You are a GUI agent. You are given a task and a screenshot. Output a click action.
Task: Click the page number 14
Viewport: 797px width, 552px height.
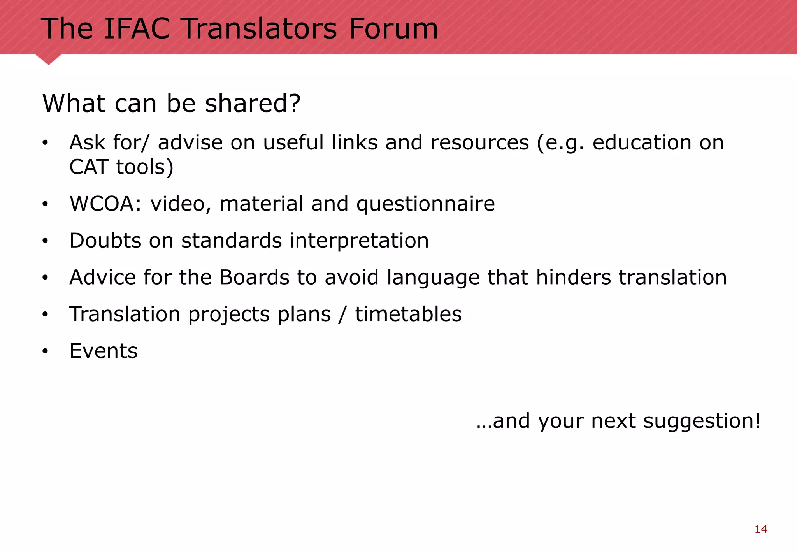[761, 529]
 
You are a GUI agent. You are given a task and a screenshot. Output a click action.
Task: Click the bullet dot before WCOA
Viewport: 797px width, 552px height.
[45, 204]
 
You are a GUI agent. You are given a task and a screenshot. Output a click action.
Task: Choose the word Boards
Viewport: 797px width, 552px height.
[254, 277]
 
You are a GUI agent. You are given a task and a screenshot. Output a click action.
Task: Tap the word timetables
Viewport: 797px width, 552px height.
[408, 314]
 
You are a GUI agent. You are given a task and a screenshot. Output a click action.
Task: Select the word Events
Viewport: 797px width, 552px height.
[104, 351]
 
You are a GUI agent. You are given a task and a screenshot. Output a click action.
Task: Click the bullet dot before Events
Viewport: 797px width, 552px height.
[45, 351]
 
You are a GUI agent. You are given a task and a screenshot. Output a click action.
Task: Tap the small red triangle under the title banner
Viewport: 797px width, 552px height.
[49, 59]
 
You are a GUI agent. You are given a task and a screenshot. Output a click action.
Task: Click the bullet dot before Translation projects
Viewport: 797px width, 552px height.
[45, 314]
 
